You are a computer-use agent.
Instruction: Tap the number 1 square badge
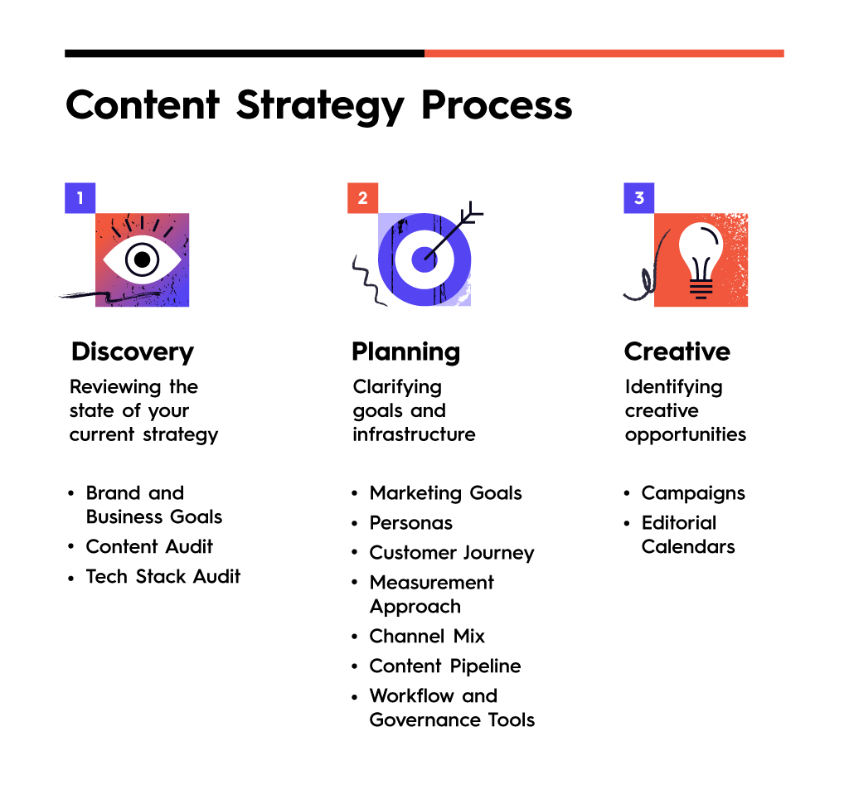pyautogui.click(x=80, y=198)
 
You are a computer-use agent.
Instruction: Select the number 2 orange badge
pyautogui.click(x=363, y=198)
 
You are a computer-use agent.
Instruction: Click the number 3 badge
pyautogui.click(x=639, y=198)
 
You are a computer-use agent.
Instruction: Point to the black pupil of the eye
pyautogui.click(x=142, y=260)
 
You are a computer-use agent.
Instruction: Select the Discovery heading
pyautogui.click(x=133, y=352)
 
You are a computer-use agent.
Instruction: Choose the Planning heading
pyautogui.click(x=406, y=352)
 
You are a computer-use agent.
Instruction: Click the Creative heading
pyautogui.click(x=677, y=352)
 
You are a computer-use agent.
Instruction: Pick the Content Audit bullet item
pyautogui.click(x=149, y=547)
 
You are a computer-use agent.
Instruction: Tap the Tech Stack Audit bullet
pyautogui.click(x=163, y=577)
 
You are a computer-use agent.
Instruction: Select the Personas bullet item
pyautogui.click(x=411, y=523)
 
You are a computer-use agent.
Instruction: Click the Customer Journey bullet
pyautogui.click(x=452, y=554)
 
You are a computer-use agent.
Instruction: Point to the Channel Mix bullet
pyautogui.click(x=427, y=636)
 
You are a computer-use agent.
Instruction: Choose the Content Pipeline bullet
pyautogui.click(x=445, y=666)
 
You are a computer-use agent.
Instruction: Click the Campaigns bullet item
pyautogui.click(x=694, y=494)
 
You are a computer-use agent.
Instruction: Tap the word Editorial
pyautogui.click(x=679, y=523)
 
